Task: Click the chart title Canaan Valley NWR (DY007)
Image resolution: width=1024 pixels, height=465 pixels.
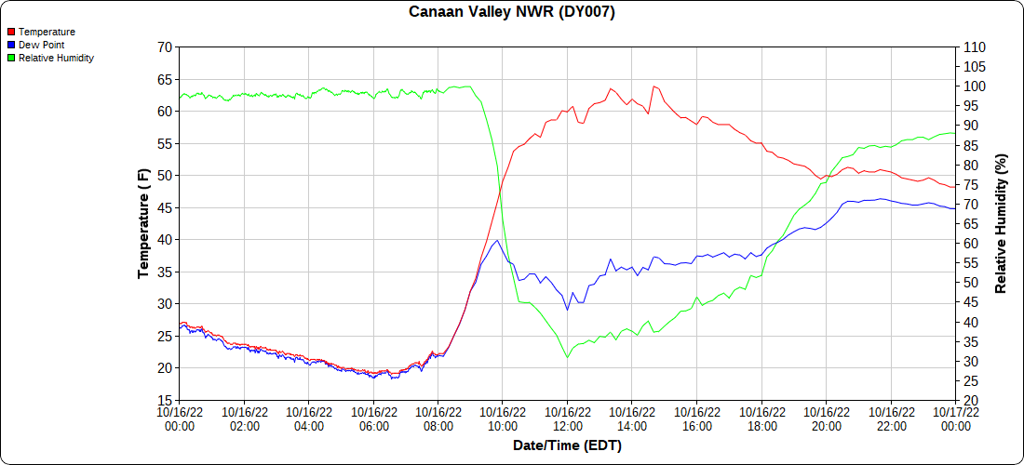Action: click(x=512, y=12)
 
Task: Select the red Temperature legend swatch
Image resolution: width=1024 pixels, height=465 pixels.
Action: click(x=11, y=32)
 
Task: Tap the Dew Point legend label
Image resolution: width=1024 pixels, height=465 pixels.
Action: click(x=41, y=45)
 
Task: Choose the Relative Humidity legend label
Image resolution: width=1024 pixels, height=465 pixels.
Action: click(x=56, y=58)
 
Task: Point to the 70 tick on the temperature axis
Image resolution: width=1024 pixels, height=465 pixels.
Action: click(x=166, y=46)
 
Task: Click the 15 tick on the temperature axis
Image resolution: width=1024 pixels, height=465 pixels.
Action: click(x=166, y=400)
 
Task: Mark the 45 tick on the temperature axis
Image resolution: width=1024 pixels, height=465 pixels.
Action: click(x=166, y=207)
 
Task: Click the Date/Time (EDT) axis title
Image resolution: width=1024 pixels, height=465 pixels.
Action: click(x=567, y=446)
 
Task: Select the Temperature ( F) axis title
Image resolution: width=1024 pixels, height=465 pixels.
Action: click(x=143, y=223)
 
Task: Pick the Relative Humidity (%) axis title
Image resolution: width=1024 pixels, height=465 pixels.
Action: click(x=1001, y=223)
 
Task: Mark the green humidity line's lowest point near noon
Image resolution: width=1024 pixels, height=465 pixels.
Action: click(x=567, y=357)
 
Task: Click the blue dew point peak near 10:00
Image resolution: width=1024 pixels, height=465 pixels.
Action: click(x=497, y=240)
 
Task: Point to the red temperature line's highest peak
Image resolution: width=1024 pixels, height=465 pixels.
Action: click(x=654, y=86)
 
